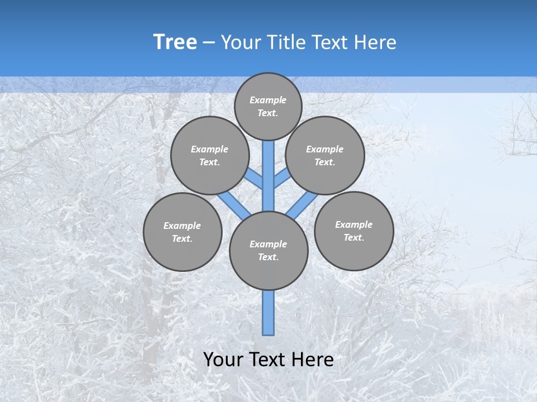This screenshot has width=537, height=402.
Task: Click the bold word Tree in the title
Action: click(x=175, y=42)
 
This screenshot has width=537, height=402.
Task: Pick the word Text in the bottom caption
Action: click(x=269, y=360)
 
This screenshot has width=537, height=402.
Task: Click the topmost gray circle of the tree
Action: click(x=268, y=106)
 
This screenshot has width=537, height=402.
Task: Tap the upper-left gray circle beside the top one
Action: click(x=210, y=155)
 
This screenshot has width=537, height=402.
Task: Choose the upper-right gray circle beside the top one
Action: click(x=325, y=155)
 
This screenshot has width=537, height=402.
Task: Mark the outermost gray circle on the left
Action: click(x=182, y=232)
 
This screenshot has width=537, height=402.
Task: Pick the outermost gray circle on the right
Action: click(x=354, y=231)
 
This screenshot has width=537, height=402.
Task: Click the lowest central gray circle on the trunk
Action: click(x=268, y=251)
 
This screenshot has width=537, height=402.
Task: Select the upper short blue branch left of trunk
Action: click(x=255, y=179)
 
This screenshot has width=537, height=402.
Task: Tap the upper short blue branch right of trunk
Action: click(x=282, y=179)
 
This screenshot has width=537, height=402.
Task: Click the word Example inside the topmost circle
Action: click(x=268, y=100)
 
